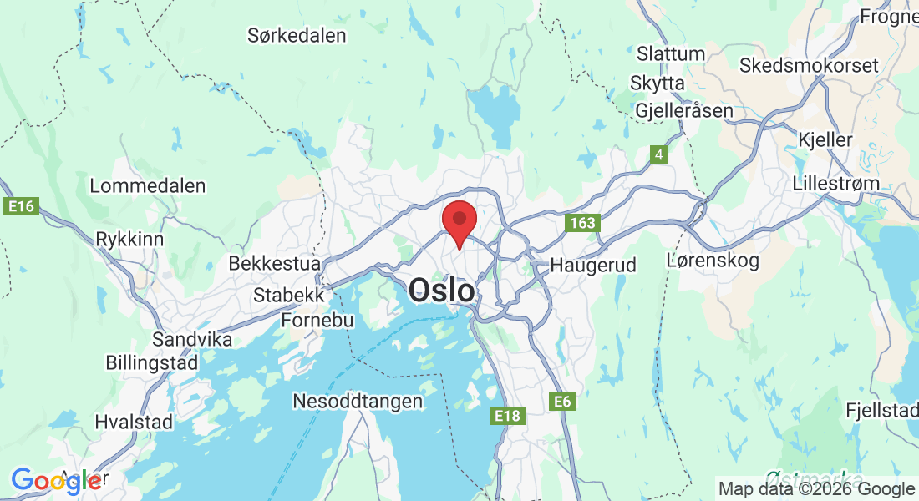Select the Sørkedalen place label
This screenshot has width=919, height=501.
click(x=297, y=36)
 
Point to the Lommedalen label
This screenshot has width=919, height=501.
click(x=147, y=185)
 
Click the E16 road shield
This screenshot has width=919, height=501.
click(x=23, y=206)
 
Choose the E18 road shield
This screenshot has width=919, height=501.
click(x=507, y=415)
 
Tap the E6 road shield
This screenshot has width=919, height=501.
click(x=563, y=402)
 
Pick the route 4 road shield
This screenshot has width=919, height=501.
click(x=660, y=154)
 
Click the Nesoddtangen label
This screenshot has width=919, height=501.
click(x=358, y=402)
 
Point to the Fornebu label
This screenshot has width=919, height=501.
click(x=317, y=320)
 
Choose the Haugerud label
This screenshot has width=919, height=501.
click(x=593, y=266)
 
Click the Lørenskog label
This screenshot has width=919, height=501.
click(x=713, y=261)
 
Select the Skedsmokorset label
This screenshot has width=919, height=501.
click(x=809, y=65)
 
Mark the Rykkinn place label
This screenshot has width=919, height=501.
click(x=129, y=239)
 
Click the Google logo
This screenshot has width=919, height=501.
click(x=57, y=481)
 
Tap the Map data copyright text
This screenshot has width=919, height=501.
click(x=816, y=489)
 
